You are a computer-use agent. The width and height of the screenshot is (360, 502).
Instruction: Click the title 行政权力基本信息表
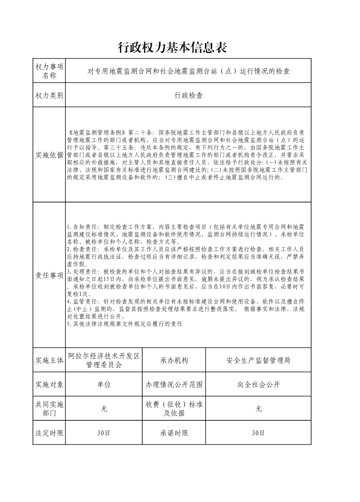pos(172,47)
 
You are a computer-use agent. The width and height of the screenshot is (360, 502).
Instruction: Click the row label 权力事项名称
pos(49,71)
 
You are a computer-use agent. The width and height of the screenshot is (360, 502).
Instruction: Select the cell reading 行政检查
pos(188,96)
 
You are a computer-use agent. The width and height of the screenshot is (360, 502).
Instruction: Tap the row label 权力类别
pos(49,96)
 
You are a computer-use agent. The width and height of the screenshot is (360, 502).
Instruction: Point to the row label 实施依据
pos(49,155)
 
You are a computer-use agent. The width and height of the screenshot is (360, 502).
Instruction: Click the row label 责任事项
pos(49,275)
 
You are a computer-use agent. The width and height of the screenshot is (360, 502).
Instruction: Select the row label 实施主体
pos(49,361)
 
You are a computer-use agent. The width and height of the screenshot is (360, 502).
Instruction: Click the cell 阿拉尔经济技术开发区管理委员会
pos(104,361)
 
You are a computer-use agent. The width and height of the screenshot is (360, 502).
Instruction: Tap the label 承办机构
pos(174,361)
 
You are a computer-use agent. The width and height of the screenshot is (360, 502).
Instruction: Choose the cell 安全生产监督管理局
pos(258,361)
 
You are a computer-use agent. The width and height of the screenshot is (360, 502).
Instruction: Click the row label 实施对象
pos(49,385)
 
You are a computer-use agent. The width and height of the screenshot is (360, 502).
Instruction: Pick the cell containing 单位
pos(104,385)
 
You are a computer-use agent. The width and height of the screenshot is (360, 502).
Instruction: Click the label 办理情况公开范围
pos(174,385)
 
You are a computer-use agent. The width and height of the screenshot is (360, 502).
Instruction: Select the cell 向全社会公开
pos(258,385)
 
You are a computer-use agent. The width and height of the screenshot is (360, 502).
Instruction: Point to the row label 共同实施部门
pos(49,409)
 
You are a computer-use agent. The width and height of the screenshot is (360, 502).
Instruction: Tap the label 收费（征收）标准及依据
pos(174,409)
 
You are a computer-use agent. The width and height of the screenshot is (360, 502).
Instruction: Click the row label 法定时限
pos(49,433)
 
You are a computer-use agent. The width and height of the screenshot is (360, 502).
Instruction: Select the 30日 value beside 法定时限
pos(104,433)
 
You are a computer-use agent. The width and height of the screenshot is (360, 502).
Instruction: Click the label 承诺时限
pos(174,433)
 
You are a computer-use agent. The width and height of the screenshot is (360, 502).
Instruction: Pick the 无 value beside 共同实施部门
pos(104,409)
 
